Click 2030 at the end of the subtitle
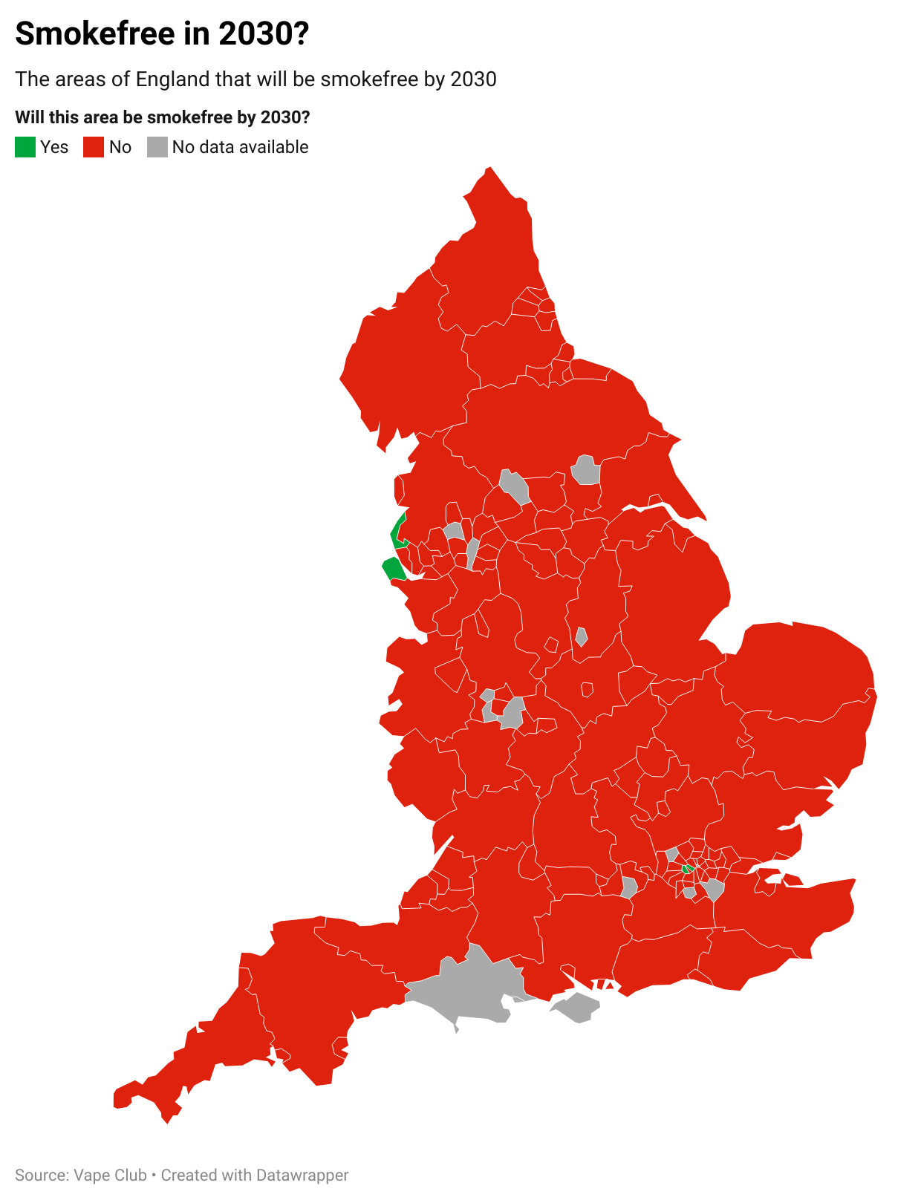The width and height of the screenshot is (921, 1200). click(x=473, y=79)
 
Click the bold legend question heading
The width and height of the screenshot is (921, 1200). click(x=163, y=117)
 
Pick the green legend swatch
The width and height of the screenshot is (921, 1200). click(x=25, y=147)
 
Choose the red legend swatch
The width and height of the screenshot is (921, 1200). click(x=94, y=147)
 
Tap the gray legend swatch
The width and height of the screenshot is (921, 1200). click(x=157, y=147)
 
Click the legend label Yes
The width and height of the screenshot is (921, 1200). click(x=54, y=147)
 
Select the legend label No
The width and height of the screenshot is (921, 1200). click(x=120, y=147)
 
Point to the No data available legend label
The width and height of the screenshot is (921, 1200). click(x=240, y=147)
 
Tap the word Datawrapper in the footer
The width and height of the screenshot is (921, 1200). click(x=302, y=1175)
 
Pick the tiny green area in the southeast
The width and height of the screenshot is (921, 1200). click(x=688, y=868)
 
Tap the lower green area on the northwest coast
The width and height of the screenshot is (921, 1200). click(x=394, y=570)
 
